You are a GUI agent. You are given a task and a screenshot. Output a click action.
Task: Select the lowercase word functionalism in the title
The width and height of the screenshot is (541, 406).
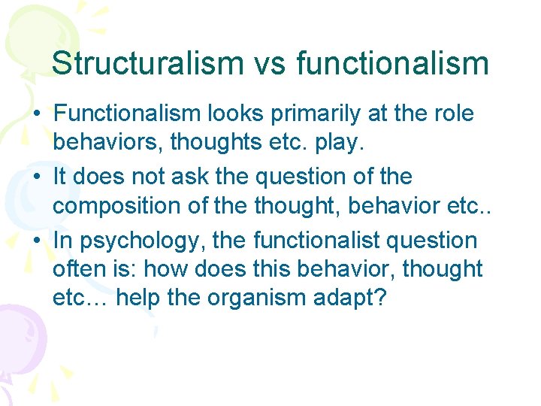(x=393, y=64)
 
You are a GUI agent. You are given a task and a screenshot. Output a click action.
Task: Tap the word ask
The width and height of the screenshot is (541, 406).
(x=199, y=177)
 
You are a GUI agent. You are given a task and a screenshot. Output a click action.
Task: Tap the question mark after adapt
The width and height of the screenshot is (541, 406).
(x=380, y=298)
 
